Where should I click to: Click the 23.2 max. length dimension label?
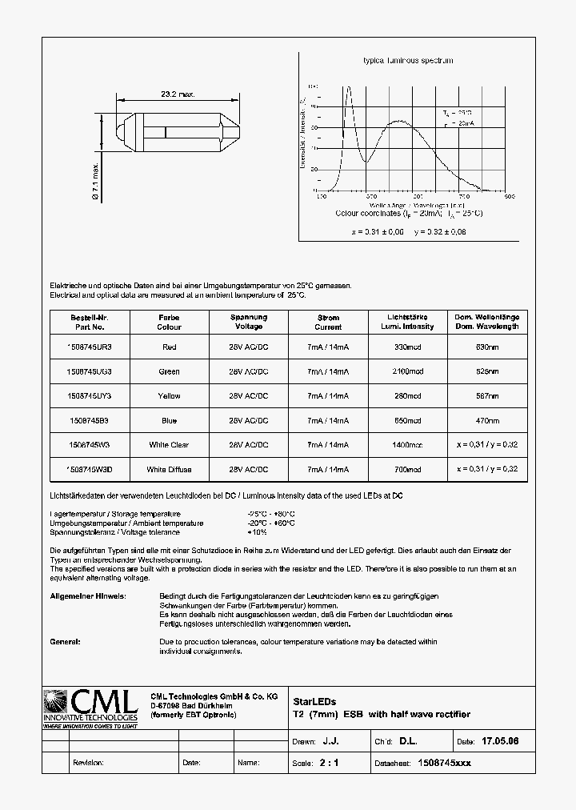tap(178, 94)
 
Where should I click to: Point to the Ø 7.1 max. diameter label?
tap(95, 181)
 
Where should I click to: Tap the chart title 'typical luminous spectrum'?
tap(408, 61)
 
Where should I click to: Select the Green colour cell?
tap(169, 371)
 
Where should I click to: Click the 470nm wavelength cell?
tap(487, 420)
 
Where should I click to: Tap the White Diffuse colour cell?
tap(169, 469)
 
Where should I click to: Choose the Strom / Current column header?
tap(328, 322)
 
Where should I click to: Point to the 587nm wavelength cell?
tap(487, 396)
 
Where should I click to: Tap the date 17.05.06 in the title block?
tap(502, 742)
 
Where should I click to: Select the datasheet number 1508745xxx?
tap(445, 763)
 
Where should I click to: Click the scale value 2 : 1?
tap(330, 763)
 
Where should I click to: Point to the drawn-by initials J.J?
tap(342, 742)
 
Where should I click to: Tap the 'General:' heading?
tap(65, 642)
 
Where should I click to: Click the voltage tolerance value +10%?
tap(258, 532)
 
